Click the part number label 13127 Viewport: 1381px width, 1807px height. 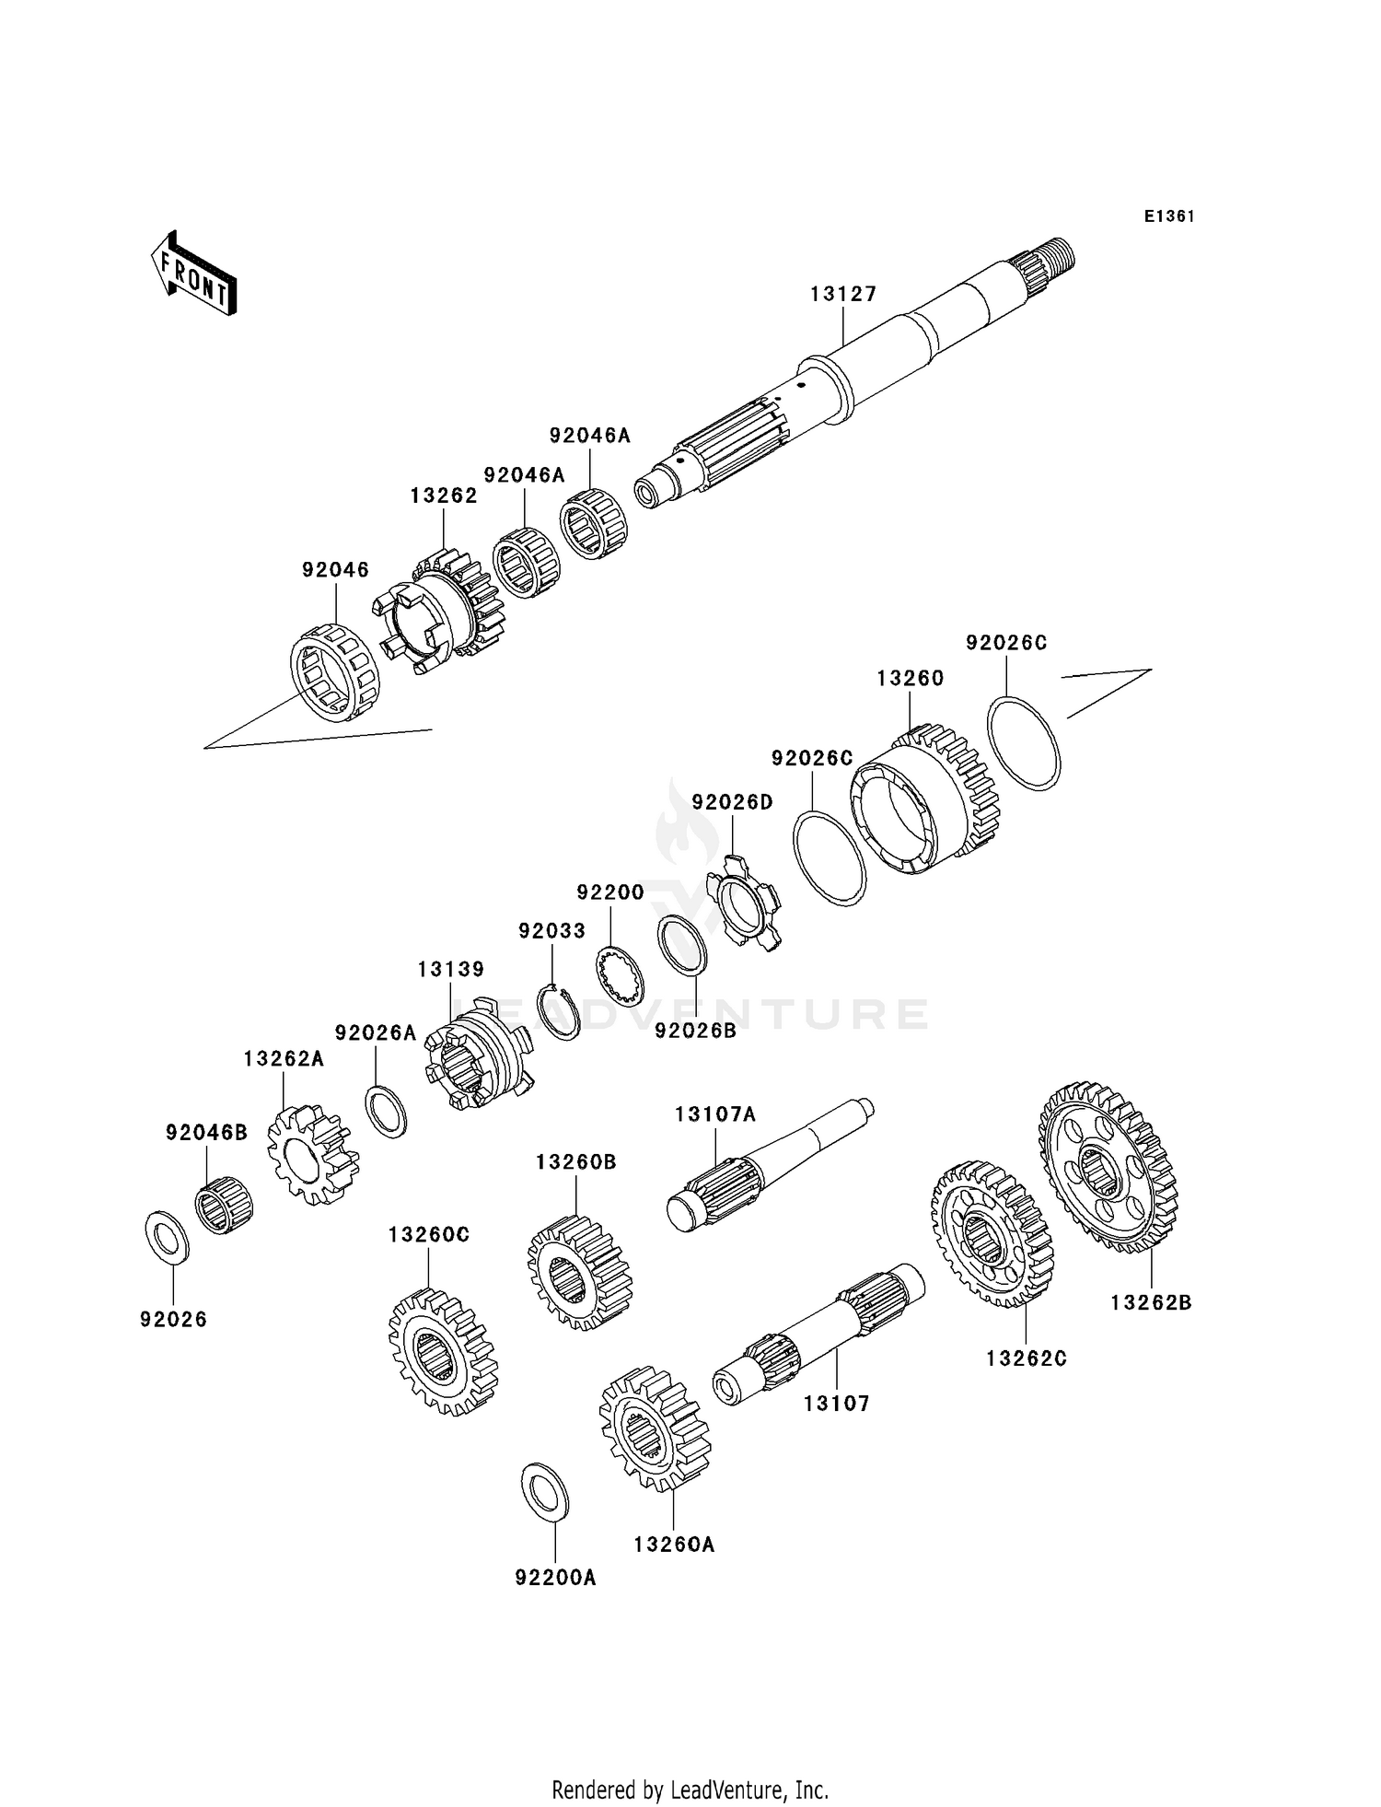click(843, 294)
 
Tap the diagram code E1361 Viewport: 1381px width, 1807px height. click(1168, 216)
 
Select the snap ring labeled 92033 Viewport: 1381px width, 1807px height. click(559, 1012)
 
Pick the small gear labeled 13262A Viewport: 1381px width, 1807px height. click(311, 1156)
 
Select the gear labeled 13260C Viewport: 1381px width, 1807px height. click(442, 1351)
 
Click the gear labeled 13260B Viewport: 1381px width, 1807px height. click(580, 1273)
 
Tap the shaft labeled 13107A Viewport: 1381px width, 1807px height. click(764, 1160)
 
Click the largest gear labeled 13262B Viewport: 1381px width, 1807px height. click(1108, 1167)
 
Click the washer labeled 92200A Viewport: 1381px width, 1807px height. click(545, 1490)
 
